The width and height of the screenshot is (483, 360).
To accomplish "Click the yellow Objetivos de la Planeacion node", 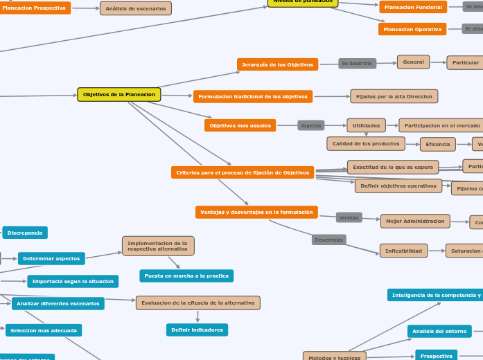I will [119, 94].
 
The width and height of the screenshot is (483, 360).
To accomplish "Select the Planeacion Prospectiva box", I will [34, 8].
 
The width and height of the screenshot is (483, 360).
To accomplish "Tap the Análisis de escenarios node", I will [136, 8].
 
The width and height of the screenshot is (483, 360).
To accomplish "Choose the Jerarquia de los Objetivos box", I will [277, 64].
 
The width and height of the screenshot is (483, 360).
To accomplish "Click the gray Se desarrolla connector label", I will [357, 64].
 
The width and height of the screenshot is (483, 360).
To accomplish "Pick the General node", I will [413, 62].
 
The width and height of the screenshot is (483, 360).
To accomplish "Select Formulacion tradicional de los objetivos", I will [253, 96].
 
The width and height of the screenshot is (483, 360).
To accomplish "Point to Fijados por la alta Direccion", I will [394, 96].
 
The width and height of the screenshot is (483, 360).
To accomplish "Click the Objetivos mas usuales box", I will [240, 125].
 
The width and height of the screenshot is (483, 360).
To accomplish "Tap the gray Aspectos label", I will [311, 125].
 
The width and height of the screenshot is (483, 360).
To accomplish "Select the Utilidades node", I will [366, 125].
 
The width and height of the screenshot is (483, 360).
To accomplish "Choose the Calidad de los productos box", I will [366, 143].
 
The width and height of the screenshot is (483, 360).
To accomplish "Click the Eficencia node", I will [438, 144].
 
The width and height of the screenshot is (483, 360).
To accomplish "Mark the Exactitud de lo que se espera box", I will [393, 167].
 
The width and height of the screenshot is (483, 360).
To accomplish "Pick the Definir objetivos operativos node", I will [398, 186].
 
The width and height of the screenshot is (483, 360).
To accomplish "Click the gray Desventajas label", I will [328, 240].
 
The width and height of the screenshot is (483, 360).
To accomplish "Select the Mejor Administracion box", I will [415, 221].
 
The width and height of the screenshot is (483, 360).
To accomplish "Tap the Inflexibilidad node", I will [403, 251].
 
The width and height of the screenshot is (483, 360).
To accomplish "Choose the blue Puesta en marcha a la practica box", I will [186, 276].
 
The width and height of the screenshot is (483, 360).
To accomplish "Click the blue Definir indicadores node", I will [197, 330].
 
